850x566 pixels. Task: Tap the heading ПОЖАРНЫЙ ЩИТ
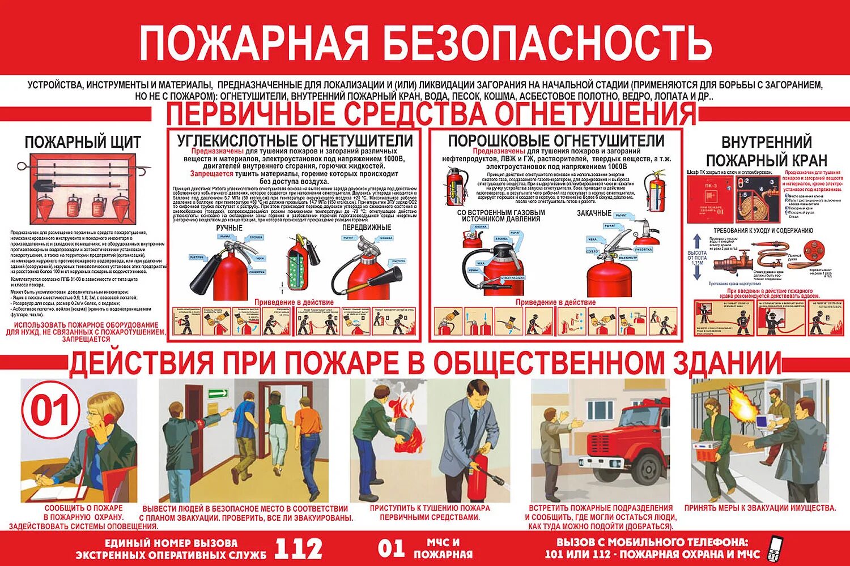click(83, 141)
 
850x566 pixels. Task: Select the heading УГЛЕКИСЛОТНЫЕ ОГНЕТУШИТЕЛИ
click(295, 140)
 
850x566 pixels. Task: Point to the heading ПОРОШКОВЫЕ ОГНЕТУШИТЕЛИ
click(556, 140)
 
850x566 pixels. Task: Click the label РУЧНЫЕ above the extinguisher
click(229, 228)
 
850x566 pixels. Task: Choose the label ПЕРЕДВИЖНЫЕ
click(367, 228)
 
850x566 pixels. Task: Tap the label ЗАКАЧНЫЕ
click(594, 213)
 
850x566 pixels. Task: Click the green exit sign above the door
click(218, 393)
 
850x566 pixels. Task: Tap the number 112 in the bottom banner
click(299, 548)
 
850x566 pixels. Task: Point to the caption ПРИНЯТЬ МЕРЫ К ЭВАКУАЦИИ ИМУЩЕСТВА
click(760, 508)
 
